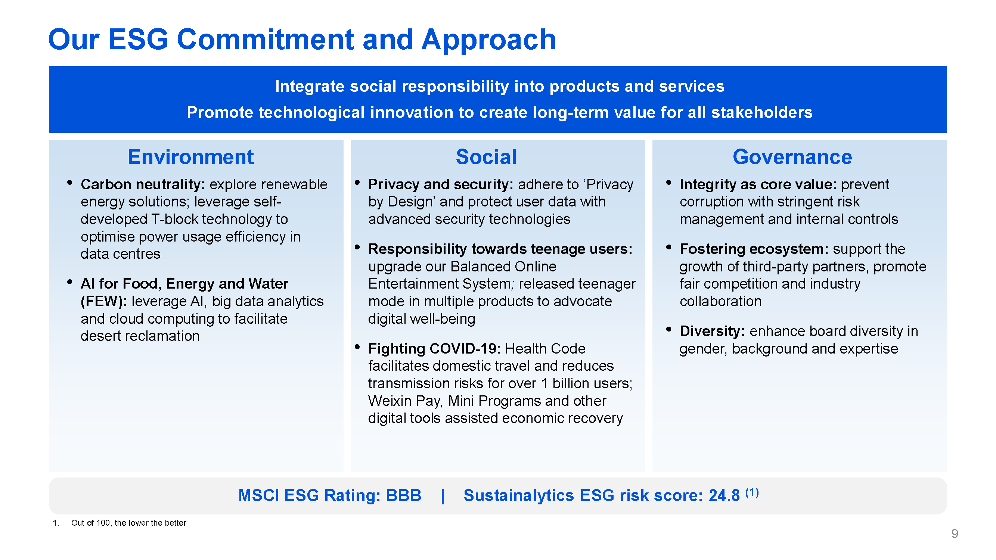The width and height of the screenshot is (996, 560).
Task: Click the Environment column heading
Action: click(190, 157)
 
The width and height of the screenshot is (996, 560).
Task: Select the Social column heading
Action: click(486, 157)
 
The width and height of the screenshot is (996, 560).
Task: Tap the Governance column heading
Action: click(792, 157)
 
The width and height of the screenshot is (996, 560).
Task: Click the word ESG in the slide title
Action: click(139, 40)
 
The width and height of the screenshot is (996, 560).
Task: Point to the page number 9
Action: click(955, 534)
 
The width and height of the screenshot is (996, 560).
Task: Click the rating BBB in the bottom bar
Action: click(404, 495)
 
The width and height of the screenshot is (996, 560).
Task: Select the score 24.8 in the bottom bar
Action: click(724, 495)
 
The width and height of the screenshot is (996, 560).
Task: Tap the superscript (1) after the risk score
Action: click(752, 492)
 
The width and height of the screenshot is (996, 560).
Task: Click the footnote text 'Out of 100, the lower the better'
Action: click(129, 523)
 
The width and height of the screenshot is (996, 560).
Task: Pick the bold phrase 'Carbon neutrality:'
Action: click(143, 185)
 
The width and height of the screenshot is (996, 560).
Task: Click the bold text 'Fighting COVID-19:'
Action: click(434, 349)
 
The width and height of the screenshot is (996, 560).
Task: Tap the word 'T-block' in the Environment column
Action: click(174, 219)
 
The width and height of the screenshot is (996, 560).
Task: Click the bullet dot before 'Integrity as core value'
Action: click(668, 183)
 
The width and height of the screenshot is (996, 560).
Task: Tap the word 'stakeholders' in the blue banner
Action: click(762, 112)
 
